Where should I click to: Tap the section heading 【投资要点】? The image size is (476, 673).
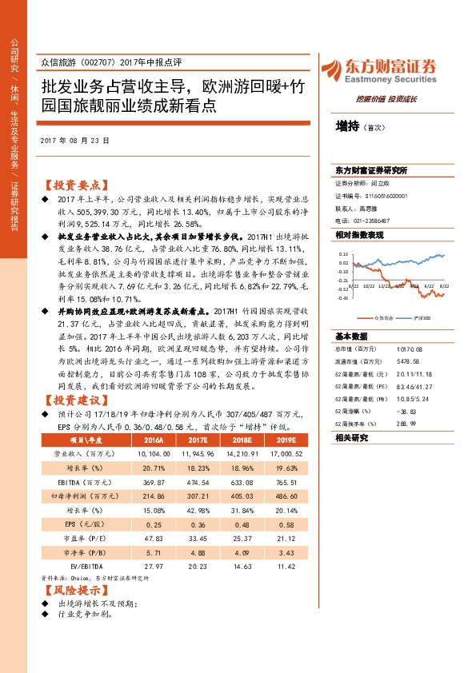74,183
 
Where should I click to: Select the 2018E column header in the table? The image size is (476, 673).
239,439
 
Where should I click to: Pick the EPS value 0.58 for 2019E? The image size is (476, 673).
286,523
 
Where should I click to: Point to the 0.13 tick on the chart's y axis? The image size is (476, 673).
342,250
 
